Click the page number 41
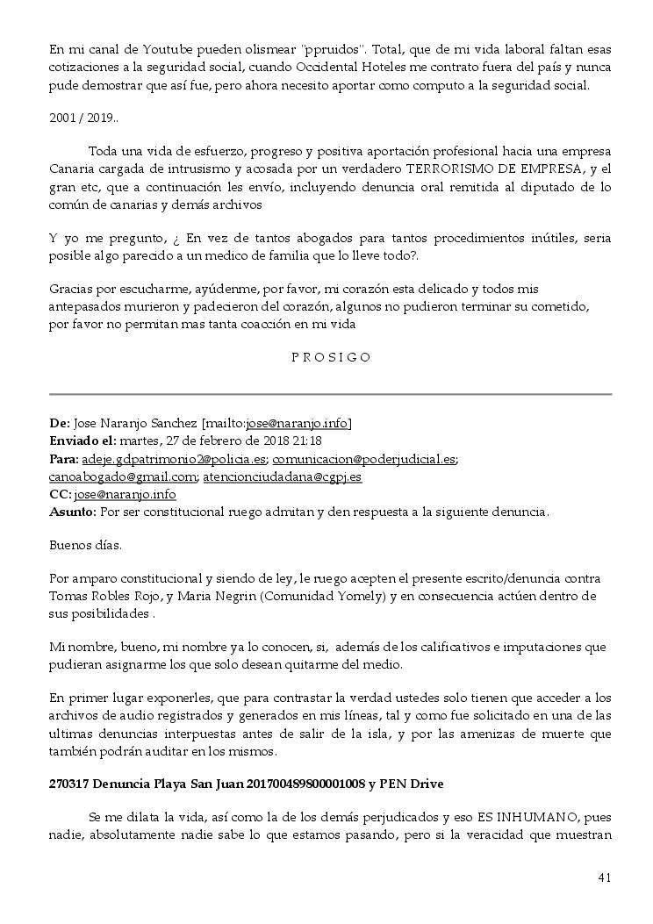pos(604,877)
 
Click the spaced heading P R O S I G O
pos(331,357)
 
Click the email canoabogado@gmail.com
pos(122,476)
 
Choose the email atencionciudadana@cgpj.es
pos(283,476)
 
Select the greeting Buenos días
pos(85,545)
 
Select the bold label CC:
pos(60,494)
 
